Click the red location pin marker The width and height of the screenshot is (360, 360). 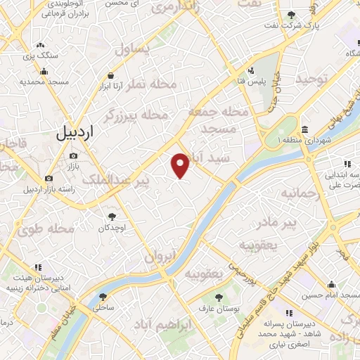[181, 165]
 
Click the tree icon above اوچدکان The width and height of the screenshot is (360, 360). [111, 216]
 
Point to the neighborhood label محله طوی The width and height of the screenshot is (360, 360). [51, 229]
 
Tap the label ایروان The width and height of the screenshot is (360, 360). [160, 257]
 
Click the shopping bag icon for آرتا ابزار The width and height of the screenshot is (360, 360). [110, 76]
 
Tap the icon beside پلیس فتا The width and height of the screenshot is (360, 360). [251, 70]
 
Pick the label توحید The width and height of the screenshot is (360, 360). [312, 79]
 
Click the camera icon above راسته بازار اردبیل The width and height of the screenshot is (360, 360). [49, 179]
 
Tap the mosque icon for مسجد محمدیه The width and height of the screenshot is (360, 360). [44, 71]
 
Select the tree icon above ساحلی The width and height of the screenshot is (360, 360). [103, 297]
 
